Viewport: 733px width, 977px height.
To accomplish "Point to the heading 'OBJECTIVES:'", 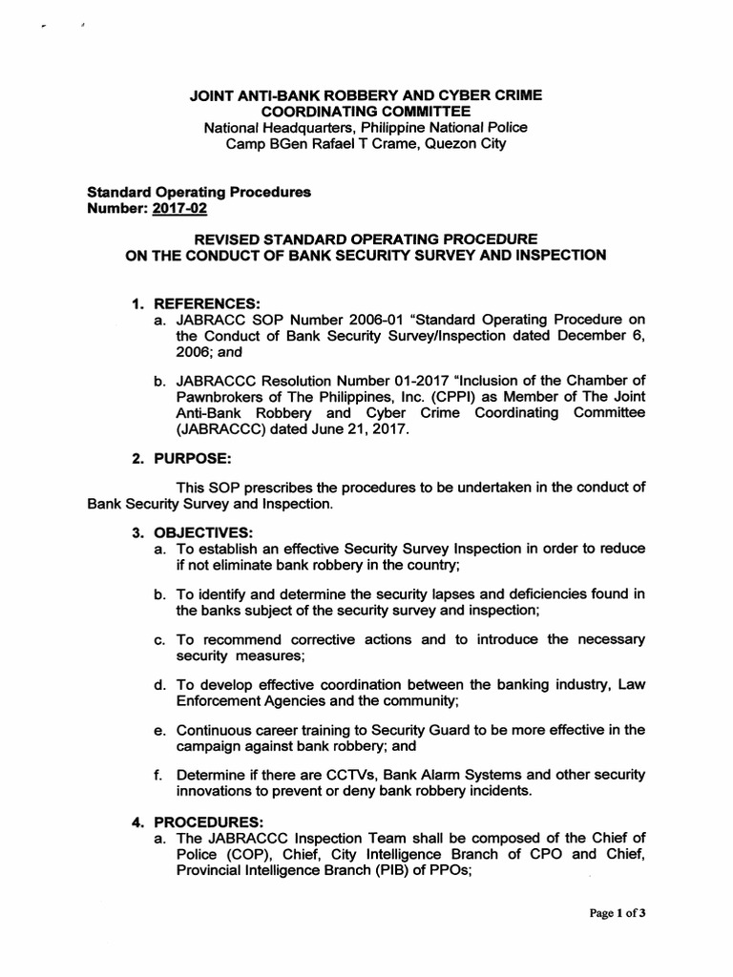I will pos(198,531).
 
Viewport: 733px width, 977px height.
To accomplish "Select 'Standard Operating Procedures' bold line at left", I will pos(199,192).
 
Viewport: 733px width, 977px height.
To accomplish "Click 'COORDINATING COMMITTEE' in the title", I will pos(366,112).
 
